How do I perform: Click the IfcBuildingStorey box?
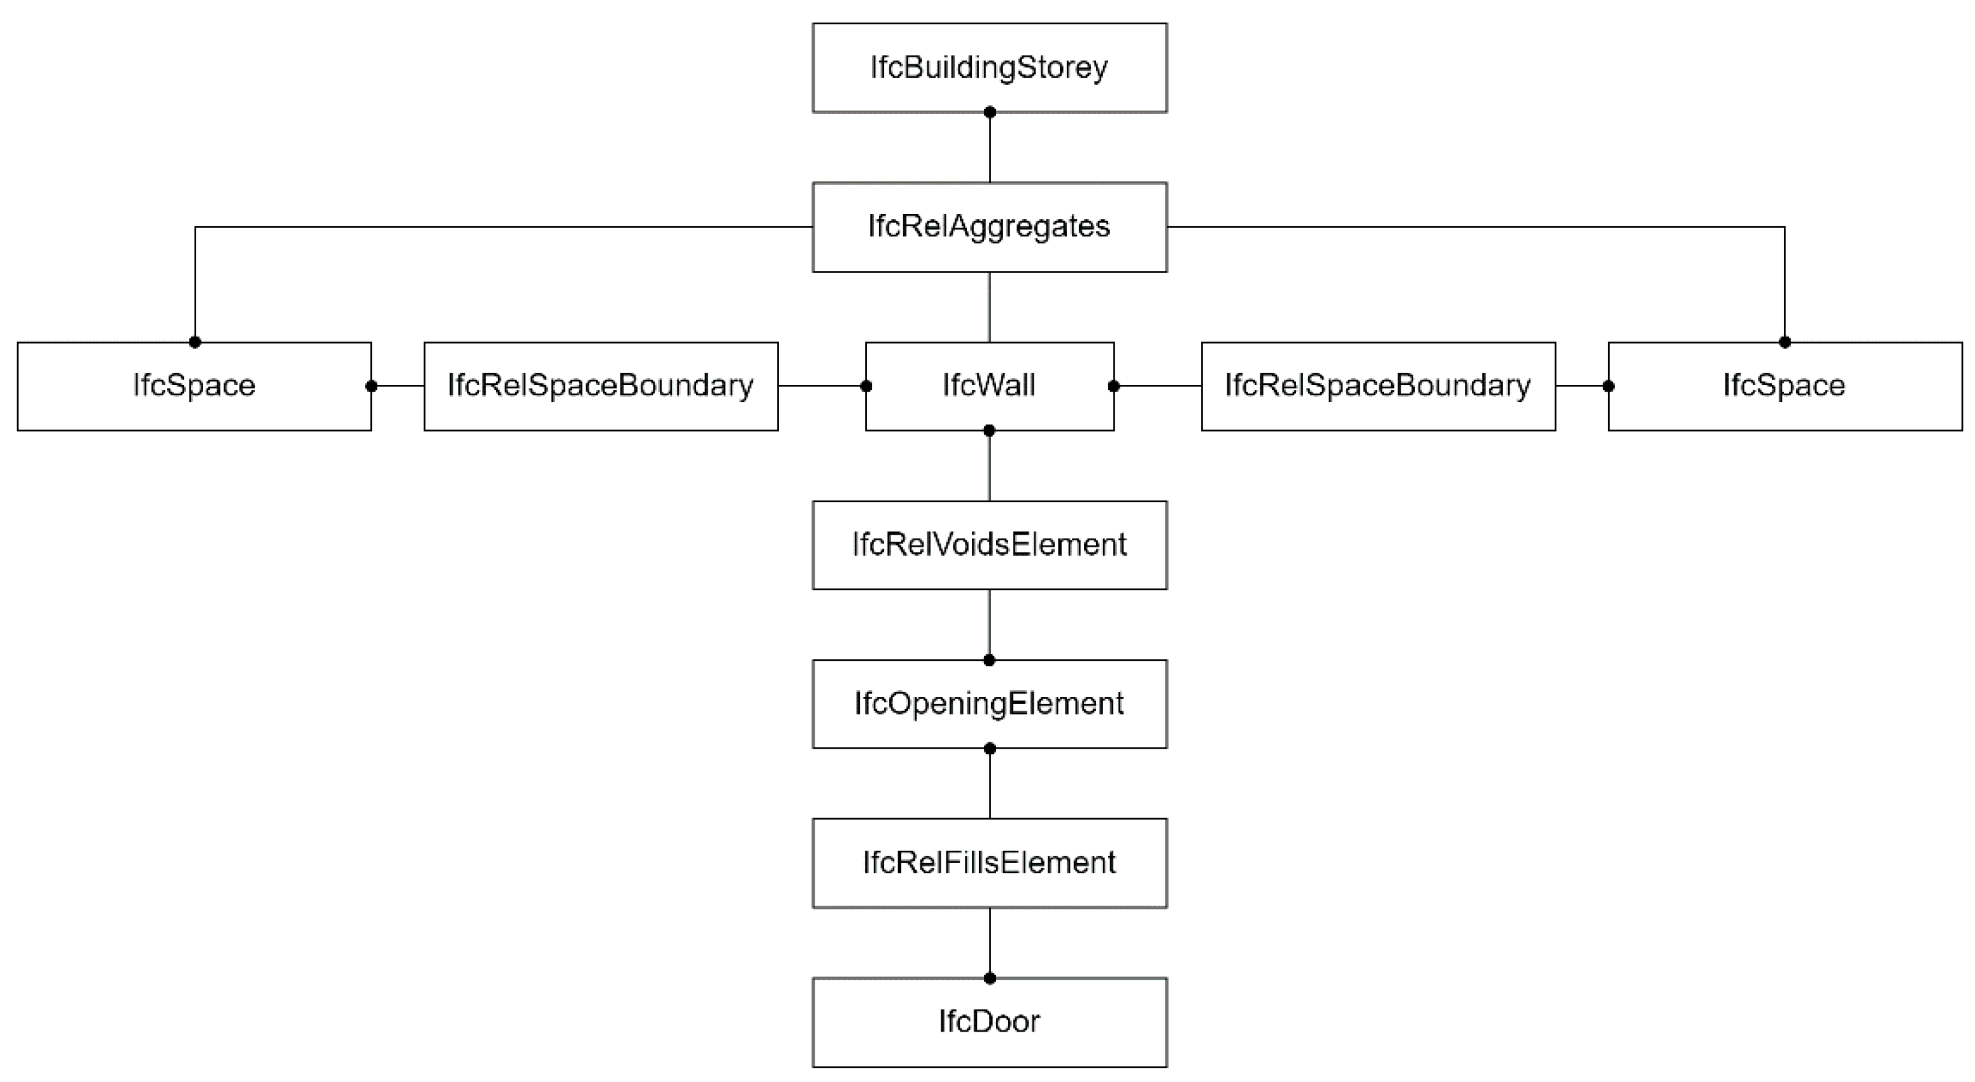989,68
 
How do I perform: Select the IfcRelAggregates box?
989,226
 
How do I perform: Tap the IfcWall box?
989,386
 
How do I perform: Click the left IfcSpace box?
194,386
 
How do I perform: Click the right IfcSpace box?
1784,386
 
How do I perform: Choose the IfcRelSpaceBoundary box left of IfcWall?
601,386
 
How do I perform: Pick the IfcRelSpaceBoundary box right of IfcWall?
1378,386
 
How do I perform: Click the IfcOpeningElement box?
989,704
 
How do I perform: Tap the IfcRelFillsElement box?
989,863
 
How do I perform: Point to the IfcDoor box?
989,1021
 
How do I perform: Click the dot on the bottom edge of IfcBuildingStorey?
990,112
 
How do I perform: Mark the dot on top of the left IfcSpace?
195,342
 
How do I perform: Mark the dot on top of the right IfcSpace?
1785,342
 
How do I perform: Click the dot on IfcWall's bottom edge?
989,431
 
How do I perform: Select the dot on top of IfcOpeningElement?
989,660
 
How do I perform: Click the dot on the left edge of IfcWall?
866,386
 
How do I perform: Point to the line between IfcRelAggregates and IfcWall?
989,307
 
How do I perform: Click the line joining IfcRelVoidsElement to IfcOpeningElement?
989,623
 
